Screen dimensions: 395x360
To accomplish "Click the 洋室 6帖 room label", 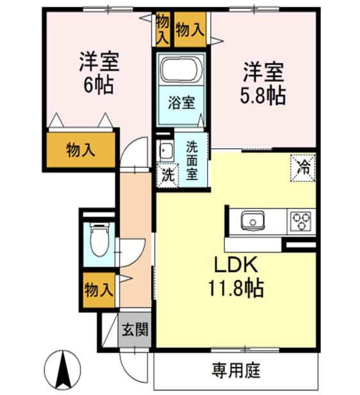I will tap(97, 74).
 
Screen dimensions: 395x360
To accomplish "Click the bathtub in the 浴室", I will tap(180, 72).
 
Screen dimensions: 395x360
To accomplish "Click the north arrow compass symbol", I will tap(65, 370).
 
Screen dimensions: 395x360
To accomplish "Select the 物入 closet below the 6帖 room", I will tap(81, 150).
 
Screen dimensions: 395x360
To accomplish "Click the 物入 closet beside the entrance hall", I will tap(98, 289).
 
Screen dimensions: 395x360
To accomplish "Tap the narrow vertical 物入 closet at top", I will tap(163, 29).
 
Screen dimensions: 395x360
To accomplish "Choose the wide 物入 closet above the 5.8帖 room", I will tap(190, 29).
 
